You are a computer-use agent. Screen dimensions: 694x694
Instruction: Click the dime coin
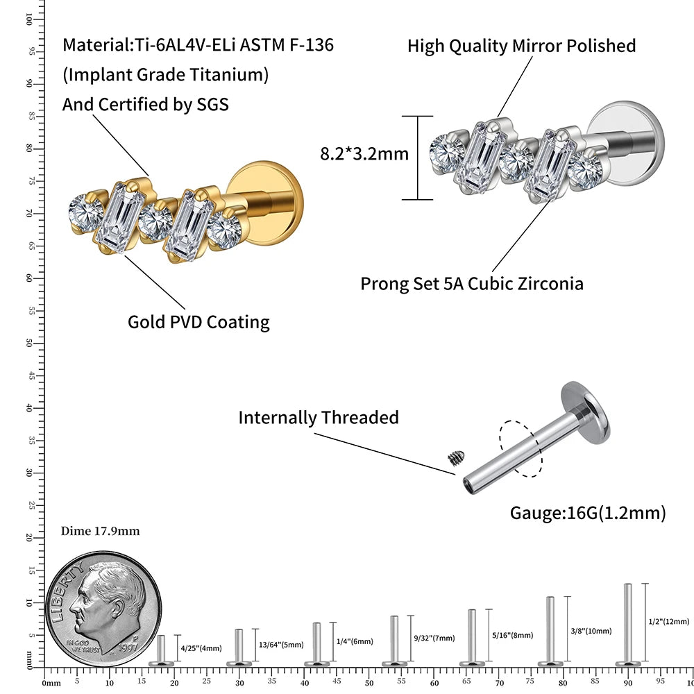pos(103,604)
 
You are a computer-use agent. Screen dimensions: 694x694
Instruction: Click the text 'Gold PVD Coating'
pos(198,322)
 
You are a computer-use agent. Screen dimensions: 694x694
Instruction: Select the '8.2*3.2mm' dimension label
pos(364,153)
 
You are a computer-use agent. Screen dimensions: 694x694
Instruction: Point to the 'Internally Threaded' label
pos(319,417)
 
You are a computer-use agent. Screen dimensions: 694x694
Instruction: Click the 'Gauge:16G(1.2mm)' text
pos(588,513)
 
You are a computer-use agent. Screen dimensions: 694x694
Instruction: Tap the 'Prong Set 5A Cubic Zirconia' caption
pos(471,284)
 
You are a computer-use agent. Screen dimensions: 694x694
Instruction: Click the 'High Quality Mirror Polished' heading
pos(521,46)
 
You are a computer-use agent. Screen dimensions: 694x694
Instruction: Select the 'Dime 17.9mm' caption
pos(101,531)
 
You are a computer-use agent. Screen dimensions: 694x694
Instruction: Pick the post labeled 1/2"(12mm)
pos(627,625)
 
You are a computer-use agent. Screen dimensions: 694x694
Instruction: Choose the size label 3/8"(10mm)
pos(591,631)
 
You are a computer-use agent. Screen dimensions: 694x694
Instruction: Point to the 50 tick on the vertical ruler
pos(29,343)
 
